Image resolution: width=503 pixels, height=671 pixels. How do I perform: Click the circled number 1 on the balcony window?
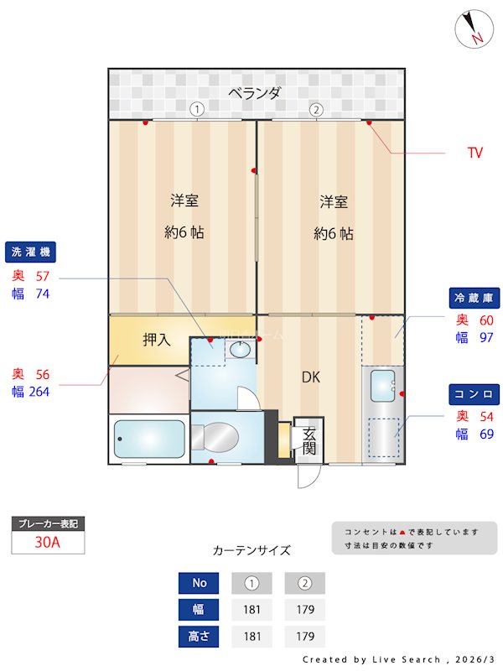(196, 109)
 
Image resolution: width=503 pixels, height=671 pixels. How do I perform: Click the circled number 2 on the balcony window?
(316, 109)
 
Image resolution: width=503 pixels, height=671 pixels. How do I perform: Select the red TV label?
(474, 153)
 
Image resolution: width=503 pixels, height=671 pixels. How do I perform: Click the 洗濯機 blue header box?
(32, 252)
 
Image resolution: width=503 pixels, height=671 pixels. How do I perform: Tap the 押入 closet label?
(156, 340)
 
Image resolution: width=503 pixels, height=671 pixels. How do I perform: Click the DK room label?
(312, 377)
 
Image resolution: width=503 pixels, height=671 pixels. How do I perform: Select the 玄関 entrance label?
(309, 440)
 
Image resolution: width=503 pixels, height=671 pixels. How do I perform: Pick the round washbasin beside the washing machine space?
(240, 351)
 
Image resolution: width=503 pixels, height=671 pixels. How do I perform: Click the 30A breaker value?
(48, 542)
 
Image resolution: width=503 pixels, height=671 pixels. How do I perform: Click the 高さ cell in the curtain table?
(199, 637)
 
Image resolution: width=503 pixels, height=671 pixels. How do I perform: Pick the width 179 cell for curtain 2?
(304, 610)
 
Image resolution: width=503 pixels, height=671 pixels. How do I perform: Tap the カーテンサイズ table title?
(251, 551)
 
